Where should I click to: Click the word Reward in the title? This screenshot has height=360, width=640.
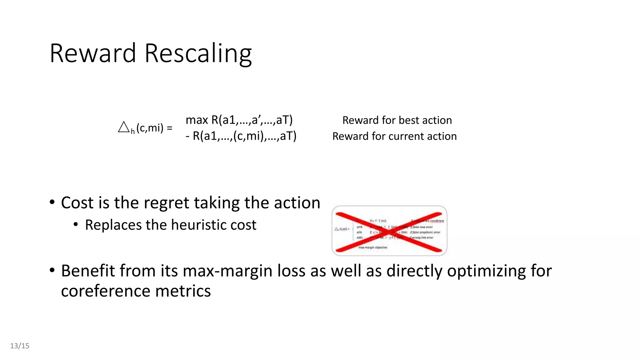point(93,53)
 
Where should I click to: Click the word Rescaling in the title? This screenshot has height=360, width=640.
point(198,54)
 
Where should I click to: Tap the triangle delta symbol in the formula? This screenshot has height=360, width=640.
point(124,127)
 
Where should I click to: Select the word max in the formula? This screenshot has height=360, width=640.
point(197,120)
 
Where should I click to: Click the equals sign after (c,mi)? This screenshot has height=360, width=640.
point(169,128)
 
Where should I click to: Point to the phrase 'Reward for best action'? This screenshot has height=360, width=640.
point(397,120)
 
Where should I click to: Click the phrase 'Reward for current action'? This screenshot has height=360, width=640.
point(394,136)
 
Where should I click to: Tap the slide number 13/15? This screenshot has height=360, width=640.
point(20,346)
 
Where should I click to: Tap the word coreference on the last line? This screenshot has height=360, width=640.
point(105,291)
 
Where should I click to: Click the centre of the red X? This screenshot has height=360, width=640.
point(389,232)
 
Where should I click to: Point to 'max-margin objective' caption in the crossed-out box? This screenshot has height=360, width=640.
point(372,247)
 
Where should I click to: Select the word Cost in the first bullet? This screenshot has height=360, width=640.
point(77,203)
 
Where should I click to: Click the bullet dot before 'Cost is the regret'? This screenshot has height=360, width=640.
point(52,202)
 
